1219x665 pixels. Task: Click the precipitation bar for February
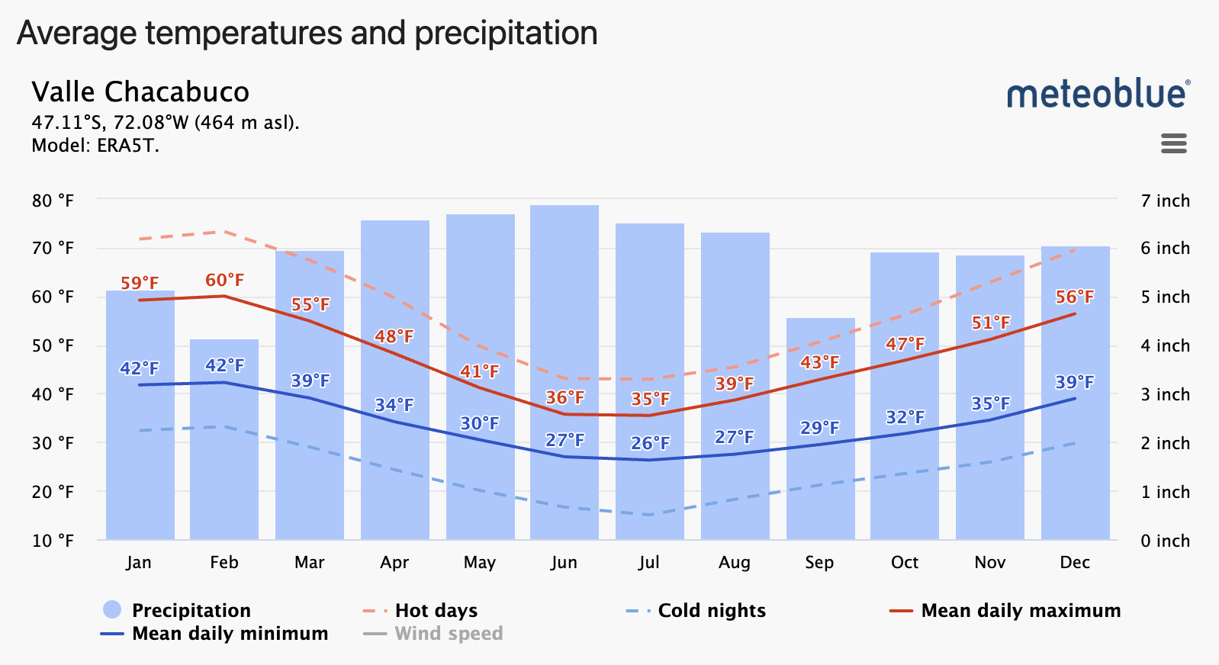[224, 458]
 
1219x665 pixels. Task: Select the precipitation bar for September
[820, 488]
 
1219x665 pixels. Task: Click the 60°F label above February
[225, 280]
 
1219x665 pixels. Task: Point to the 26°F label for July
[650, 443]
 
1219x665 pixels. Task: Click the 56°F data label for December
[1074, 297]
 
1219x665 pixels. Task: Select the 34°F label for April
[394, 405]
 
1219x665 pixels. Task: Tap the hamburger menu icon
[1173, 143]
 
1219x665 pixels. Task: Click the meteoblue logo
[1097, 94]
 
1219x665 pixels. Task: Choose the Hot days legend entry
[436, 610]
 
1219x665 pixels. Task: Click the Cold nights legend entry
[711, 610]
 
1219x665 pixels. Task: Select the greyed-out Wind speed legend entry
[448, 633]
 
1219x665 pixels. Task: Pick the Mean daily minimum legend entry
[229, 633]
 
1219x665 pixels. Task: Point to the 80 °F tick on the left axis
[53, 201]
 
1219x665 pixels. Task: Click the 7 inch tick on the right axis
[1165, 201]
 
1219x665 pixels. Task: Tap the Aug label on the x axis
[734, 562]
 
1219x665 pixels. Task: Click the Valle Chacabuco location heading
[140, 92]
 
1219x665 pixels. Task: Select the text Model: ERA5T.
[95, 146]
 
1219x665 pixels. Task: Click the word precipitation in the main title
[506, 33]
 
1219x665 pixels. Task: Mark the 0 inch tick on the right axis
[1165, 541]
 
